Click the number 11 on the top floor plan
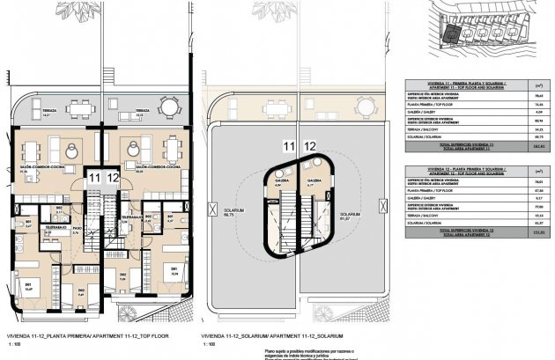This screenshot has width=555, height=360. pos(93,178)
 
